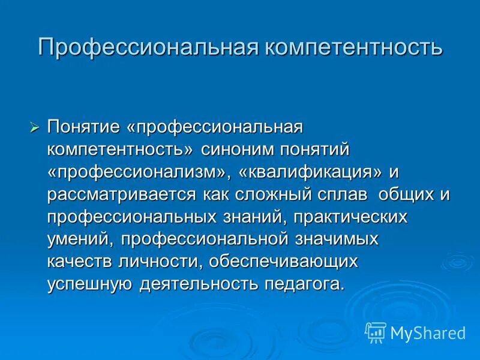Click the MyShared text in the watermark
point(427,332)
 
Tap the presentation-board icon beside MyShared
point(375,332)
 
